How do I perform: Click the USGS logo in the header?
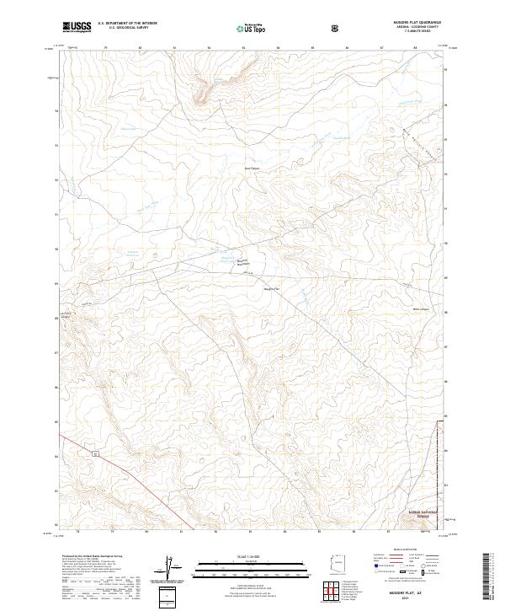point(77,27)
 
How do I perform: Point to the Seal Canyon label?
point(248,169)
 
